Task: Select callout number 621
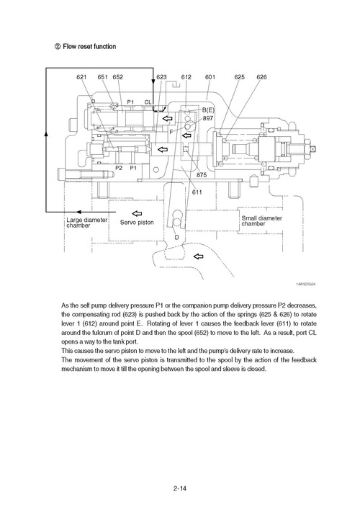tap(82, 77)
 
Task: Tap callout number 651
tap(102, 77)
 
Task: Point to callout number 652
tap(118, 77)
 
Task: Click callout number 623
tap(161, 77)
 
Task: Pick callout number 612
tap(186, 77)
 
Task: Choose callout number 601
tap(210, 77)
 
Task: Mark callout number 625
tap(239, 77)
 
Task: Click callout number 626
tap(261, 77)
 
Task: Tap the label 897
tap(208, 117)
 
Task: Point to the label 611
tap(197, 193)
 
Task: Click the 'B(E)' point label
tap(209, 109)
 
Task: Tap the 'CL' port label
tap(148, 102)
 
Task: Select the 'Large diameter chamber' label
tap(84, 222)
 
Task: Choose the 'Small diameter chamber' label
tap(261, 220)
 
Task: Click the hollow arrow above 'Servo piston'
tap(138, 212)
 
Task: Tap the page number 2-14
tap(180, 490)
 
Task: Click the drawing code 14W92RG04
tap(305, 284)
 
